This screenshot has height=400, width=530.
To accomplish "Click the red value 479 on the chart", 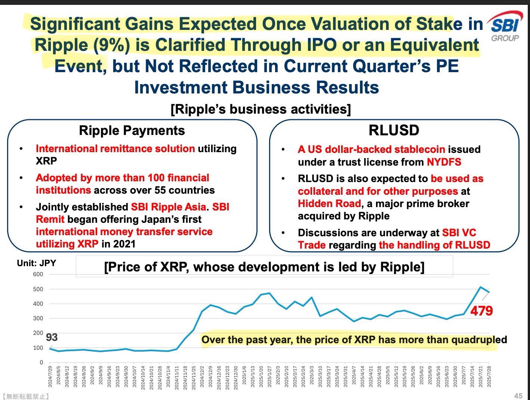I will (x=481, y=311).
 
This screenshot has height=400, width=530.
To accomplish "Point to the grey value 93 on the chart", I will (x=52, y=337).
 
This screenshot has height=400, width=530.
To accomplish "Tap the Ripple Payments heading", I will (x=132, y=130).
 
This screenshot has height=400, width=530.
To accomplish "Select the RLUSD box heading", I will (x=394, y=130).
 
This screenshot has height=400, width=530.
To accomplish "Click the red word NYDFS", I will (x=444, y=162).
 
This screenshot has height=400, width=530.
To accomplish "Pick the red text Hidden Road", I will (x=329, y=204).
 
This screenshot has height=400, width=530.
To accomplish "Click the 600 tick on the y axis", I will (x=38, y=274).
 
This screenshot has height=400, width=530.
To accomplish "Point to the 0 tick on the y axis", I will (x=41, y=363).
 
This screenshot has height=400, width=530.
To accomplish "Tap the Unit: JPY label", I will (x=36, y=263).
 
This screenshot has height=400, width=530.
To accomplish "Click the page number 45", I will (x=518, y=396).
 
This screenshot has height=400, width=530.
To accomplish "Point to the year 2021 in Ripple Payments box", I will (x=124, y=244).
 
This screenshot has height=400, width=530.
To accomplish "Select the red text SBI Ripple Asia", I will (x=168, y=207).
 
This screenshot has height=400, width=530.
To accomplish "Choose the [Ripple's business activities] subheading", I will (x=261, y=110).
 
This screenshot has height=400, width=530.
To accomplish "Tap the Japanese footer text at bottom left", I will (x=25, y=396).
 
